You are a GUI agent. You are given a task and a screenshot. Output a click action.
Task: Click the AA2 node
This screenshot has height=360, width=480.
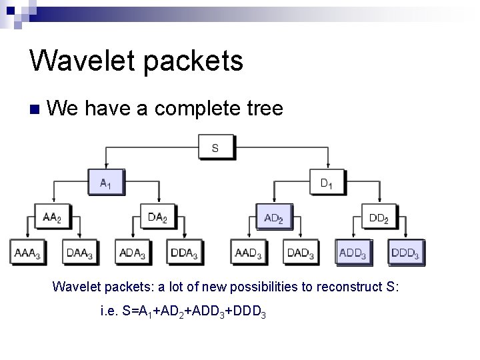pos(52,217)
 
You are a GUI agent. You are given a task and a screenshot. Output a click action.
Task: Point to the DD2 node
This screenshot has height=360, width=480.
pos(379,217)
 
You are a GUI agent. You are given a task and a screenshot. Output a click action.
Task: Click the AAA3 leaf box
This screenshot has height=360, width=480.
pos(27,253)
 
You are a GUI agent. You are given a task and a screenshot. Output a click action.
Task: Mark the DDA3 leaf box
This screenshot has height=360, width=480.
pos(184,253)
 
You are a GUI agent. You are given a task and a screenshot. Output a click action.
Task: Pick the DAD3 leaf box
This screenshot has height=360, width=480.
pos(300,253)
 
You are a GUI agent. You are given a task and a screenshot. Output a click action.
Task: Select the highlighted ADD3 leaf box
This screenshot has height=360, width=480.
pos(353,253)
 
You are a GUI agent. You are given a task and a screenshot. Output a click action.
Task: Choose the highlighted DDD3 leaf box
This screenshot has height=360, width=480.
pos(405,253)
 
